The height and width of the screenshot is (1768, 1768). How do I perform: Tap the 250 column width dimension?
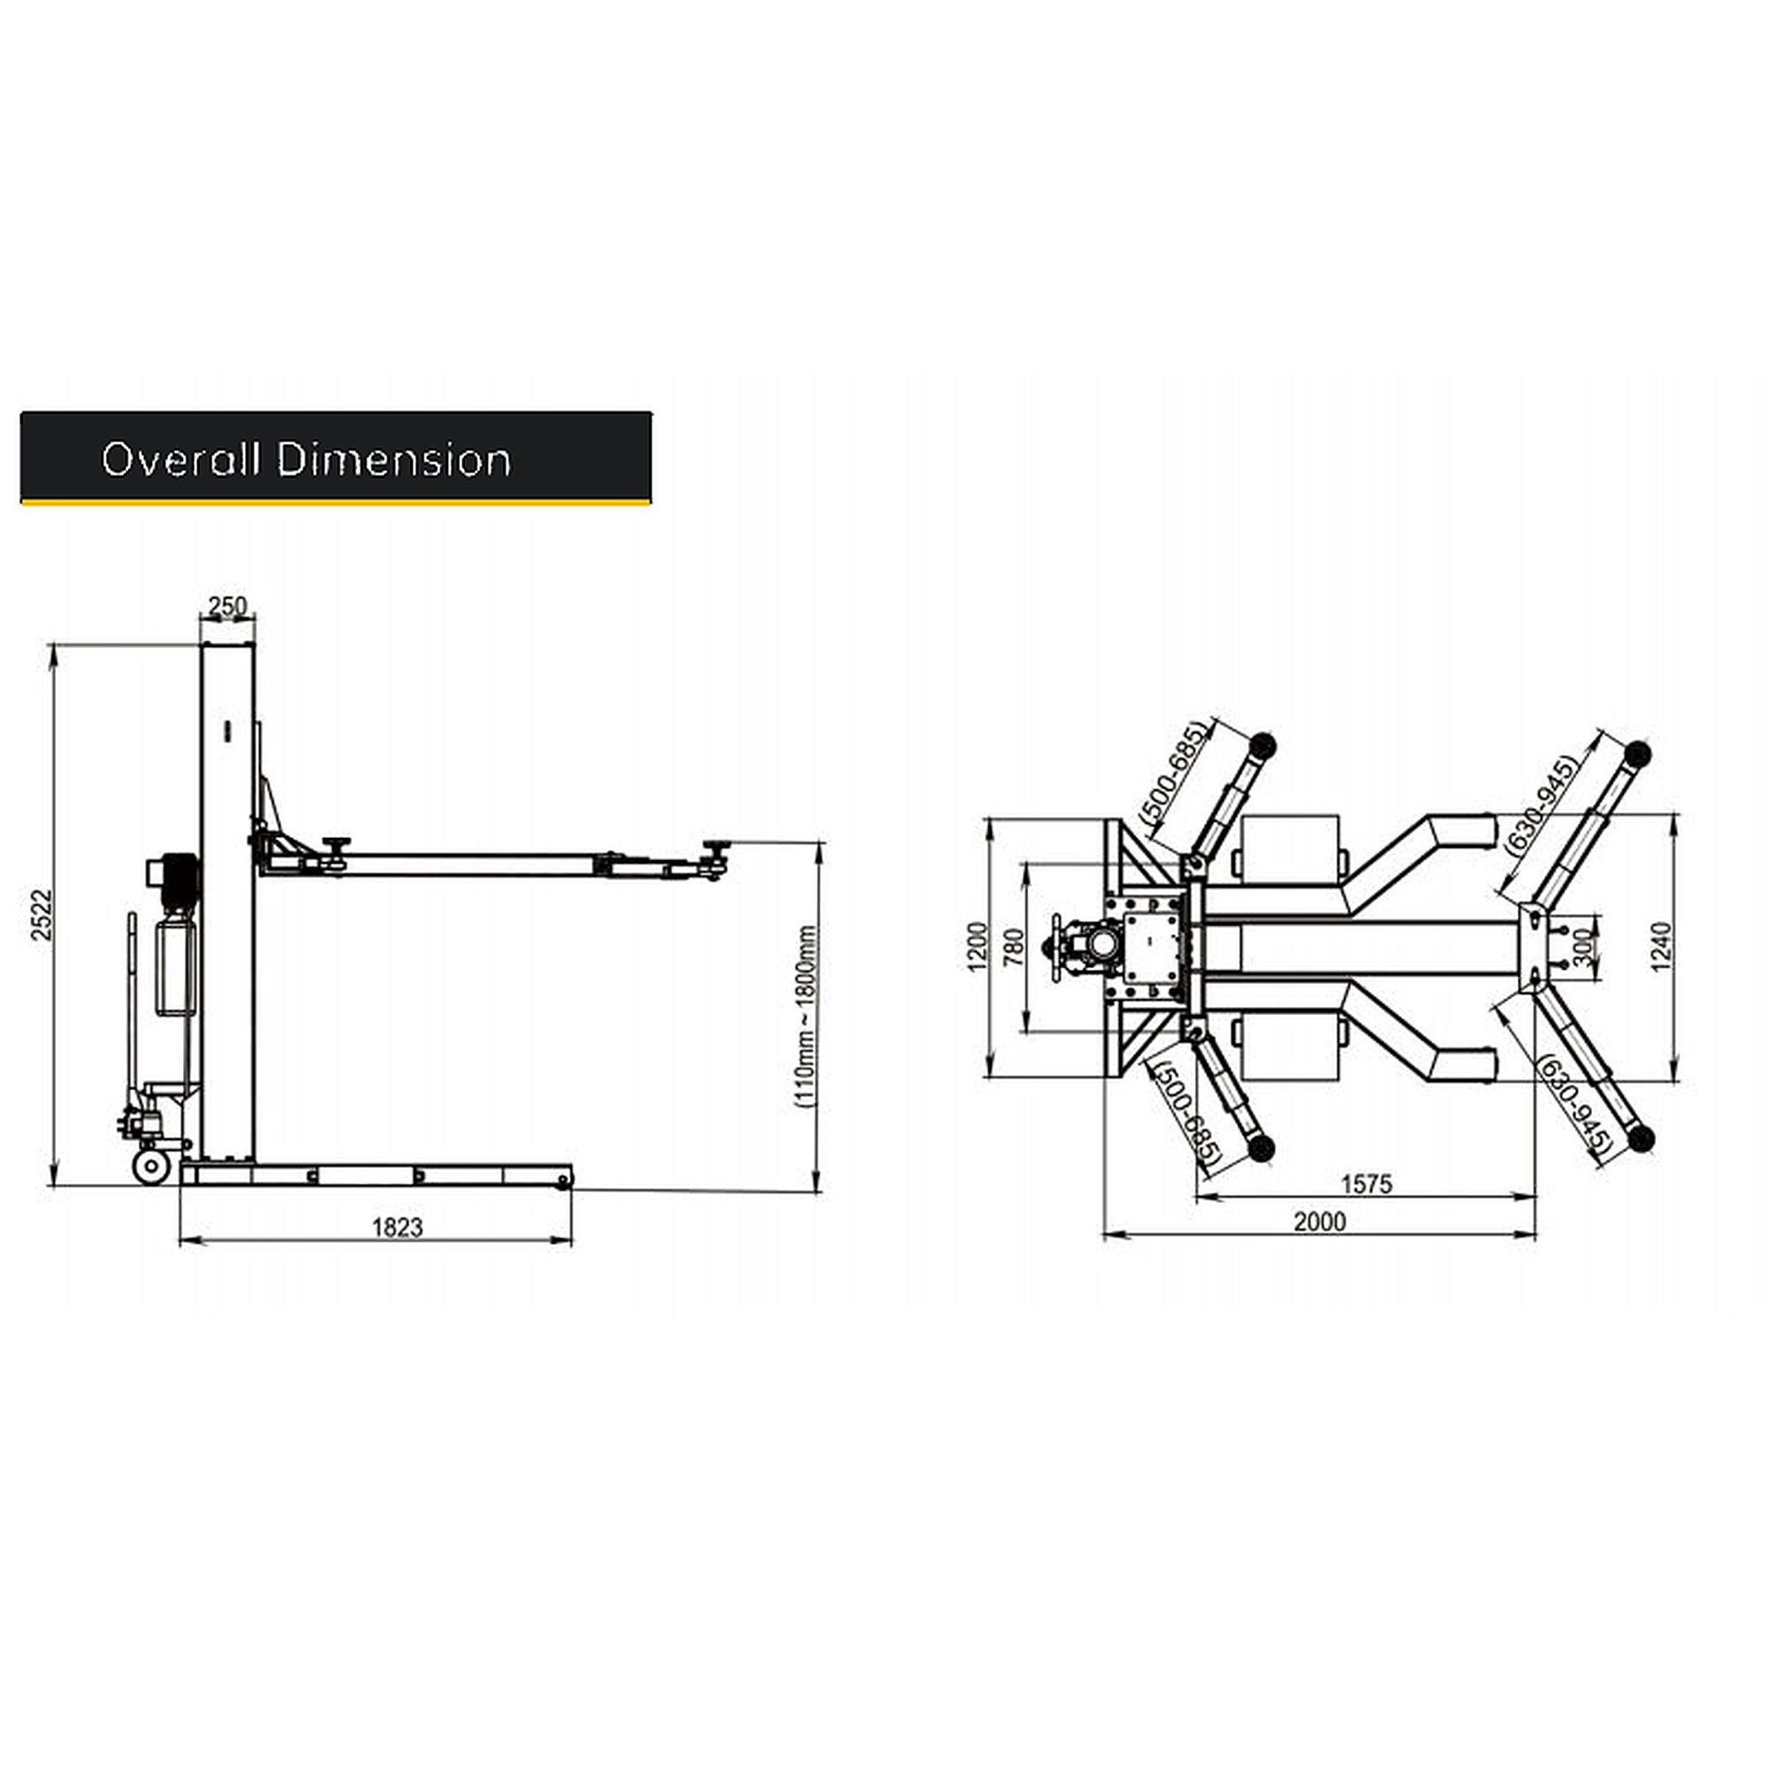pyautogui.click(x=227, y=606)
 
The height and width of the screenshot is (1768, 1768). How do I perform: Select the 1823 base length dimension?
pyautogui.click(x=398, y=1227)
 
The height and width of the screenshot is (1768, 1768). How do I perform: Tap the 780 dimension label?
pyautogui.click(x=1014, y=947)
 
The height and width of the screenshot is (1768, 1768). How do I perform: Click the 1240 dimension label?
pyautogui.click(x=1661, y=946)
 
